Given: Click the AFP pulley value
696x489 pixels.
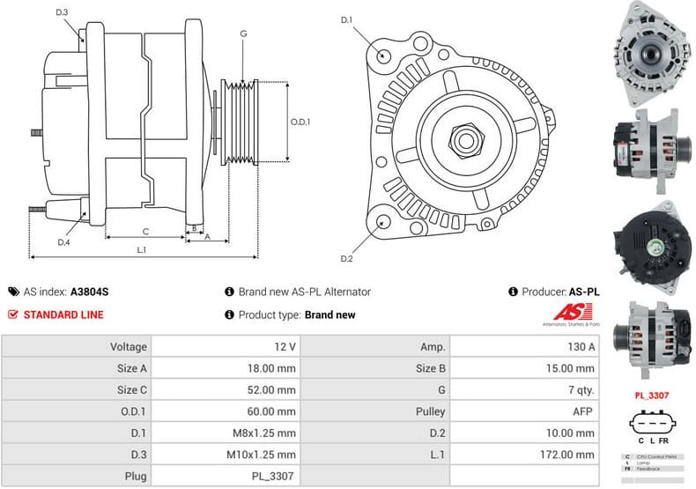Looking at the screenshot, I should (584, 411).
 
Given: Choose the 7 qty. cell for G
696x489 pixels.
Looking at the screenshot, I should (580, 389).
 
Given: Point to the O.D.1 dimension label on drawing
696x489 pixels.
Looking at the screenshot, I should (301, 122).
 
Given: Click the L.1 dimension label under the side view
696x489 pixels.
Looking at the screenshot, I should (141, 249).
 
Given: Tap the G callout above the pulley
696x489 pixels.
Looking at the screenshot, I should (242, 34).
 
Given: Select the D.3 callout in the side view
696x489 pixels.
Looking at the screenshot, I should (62, 12).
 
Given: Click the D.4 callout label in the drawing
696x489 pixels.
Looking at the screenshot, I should (63, 242).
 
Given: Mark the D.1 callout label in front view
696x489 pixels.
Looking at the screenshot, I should (346, 19).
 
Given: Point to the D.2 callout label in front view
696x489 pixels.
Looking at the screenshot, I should (346, 258).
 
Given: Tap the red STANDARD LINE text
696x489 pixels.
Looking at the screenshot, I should (63, 315).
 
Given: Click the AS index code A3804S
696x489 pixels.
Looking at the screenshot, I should (90, 292).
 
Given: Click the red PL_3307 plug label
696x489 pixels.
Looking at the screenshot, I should (652, 396).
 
